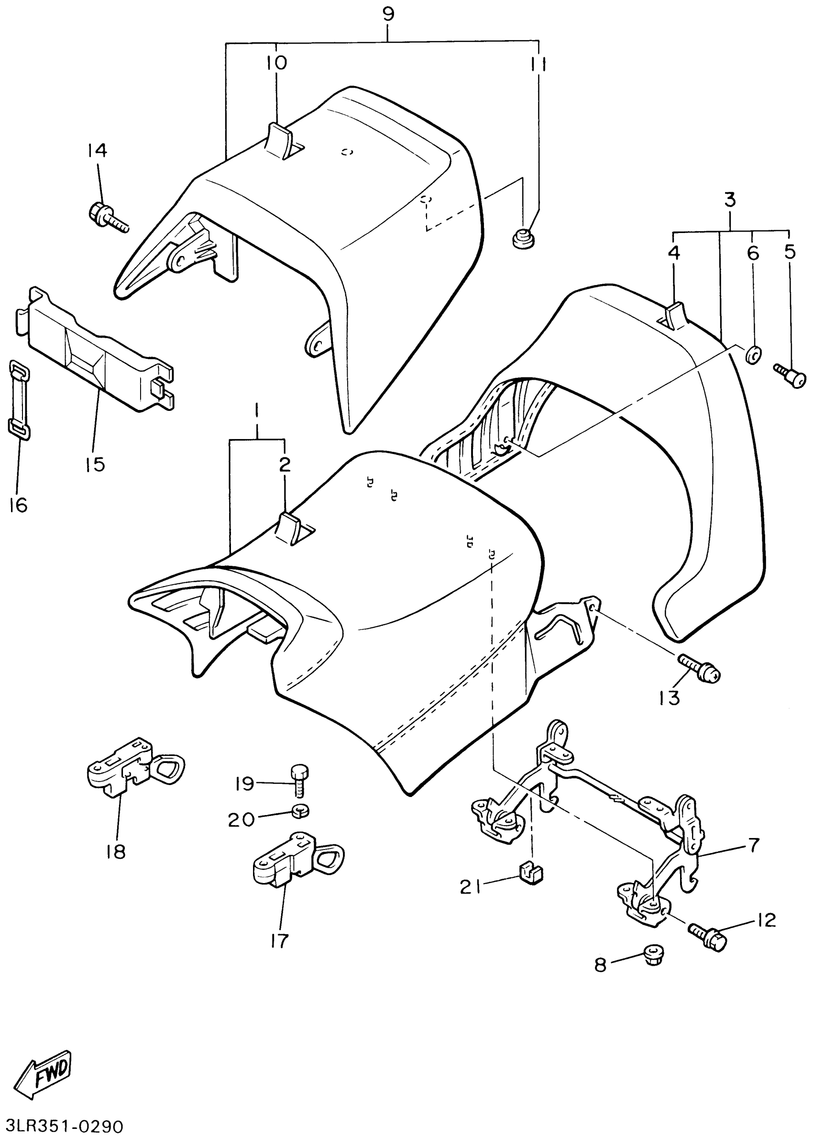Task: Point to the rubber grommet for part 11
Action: [523, 237]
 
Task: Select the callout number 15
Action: [95, 464]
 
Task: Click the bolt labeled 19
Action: [299, 781]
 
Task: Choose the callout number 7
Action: [754, 845]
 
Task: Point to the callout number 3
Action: [730, 200]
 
